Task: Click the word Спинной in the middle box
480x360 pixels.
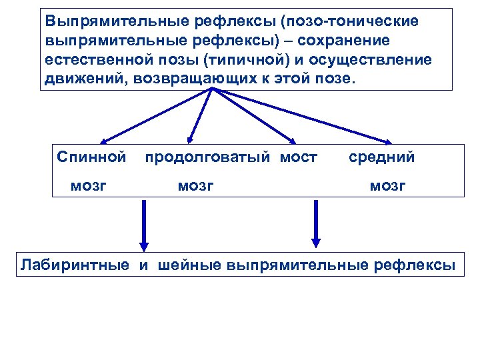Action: pos(91,157)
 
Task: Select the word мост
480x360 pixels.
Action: pos(299,157)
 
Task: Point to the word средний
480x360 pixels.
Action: pos(381,157)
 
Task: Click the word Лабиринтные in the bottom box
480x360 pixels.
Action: pos(75,265)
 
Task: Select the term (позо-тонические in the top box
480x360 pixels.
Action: pos(349,21)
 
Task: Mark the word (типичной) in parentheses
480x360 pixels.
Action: pos(250,61)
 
